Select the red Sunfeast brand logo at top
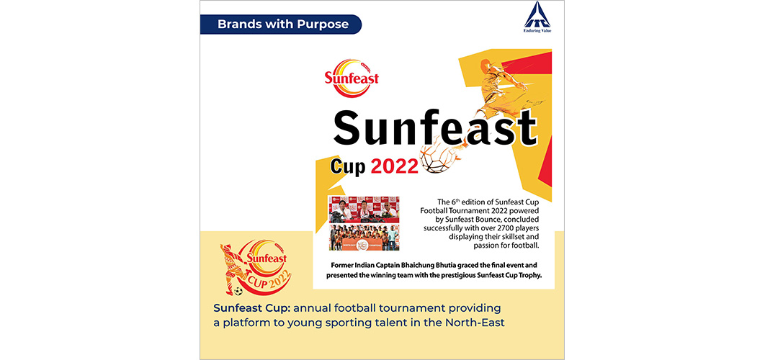pos(352,78)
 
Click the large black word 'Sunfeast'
pos(434,129)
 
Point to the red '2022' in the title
pos(394,167)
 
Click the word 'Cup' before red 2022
pos(348,168)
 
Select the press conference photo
pos(364,210)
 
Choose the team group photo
pos(364,237)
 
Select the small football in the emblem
pos(238,291)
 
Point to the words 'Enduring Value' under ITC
pos(537,31)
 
